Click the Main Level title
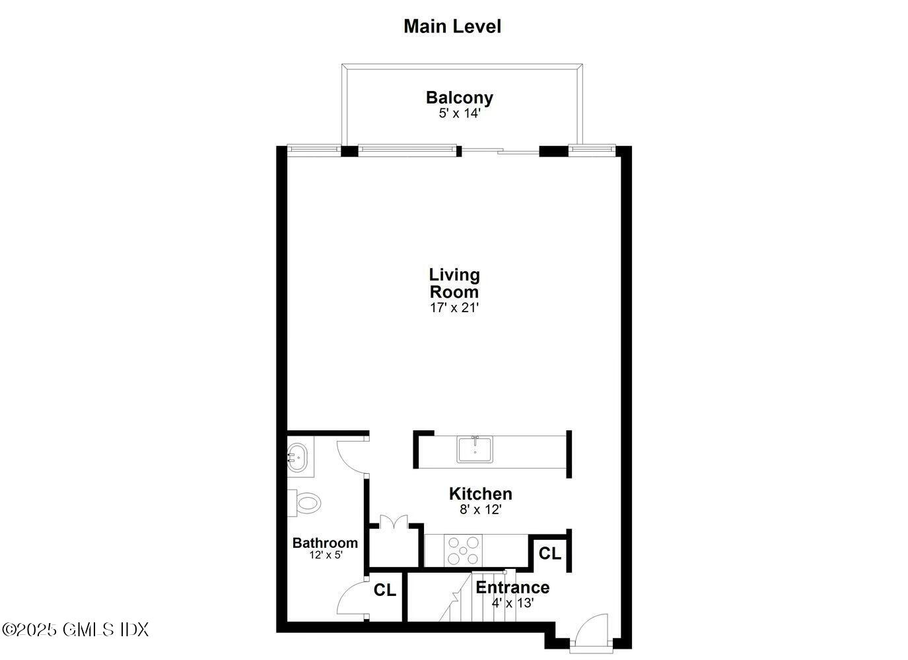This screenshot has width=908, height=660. click(452, 26)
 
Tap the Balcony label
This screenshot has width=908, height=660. click(459, 98)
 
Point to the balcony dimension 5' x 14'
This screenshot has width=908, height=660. click(459, 114)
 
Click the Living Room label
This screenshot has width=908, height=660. click(454, 283)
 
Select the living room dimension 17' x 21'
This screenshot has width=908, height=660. click(454, 308)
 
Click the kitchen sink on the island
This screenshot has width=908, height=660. click(475, 449)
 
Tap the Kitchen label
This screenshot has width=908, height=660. click(480, 494)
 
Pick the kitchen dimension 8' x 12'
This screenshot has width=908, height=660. click(480, 510)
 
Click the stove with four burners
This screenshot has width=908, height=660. click(464, 550)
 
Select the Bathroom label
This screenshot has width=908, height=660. click(325, 543)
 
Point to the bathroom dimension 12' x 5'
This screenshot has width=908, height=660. click(326, 555)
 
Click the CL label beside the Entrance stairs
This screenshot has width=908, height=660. click(384, 590)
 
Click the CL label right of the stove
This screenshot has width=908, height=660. click(549, 554)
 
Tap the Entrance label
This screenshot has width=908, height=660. click(512, 587)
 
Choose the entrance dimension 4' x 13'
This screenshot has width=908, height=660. click(512, 603)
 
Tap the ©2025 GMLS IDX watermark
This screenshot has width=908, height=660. click(75, 630)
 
